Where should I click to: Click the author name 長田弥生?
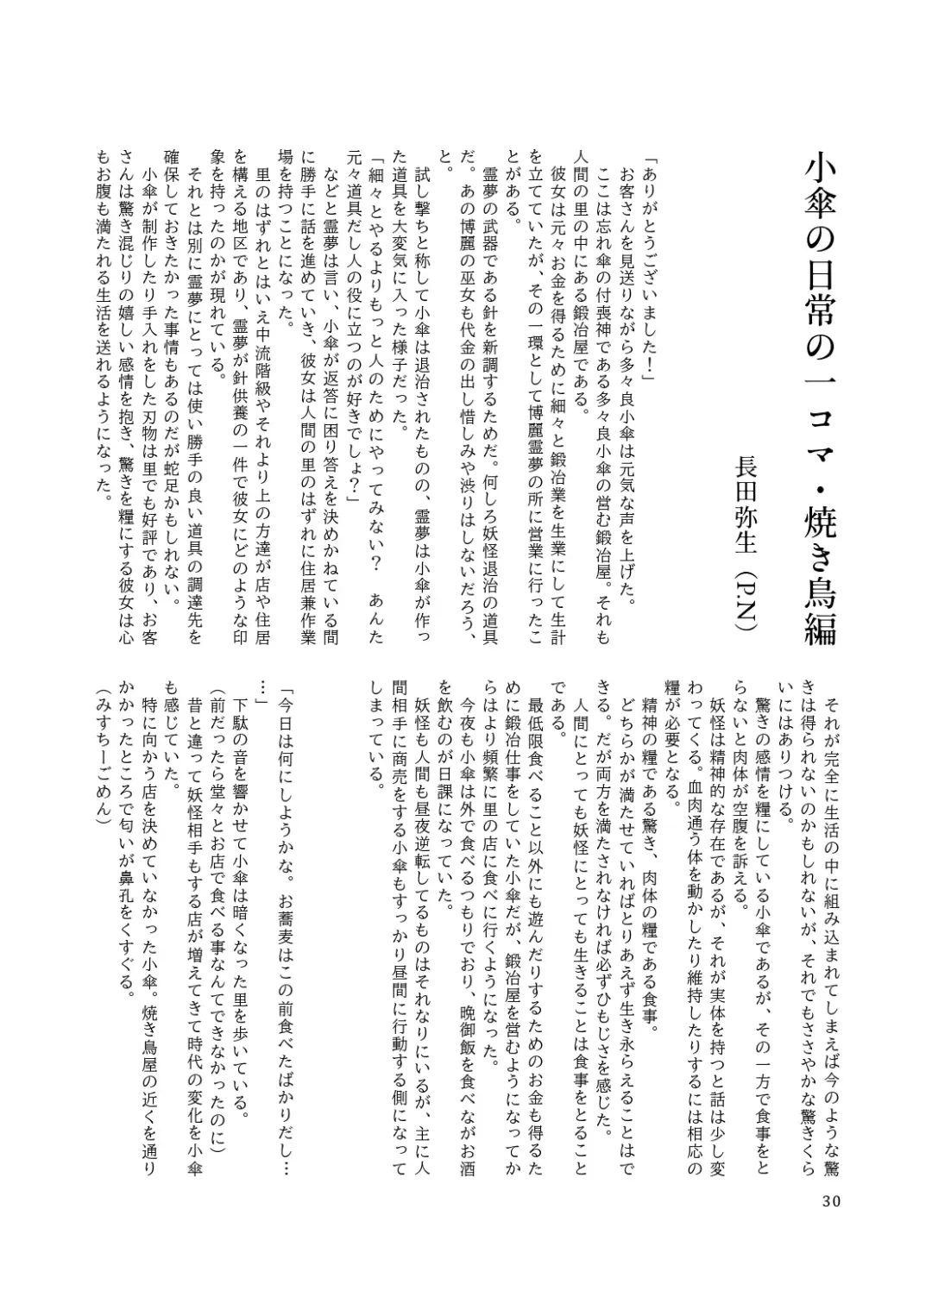[743, 501]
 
